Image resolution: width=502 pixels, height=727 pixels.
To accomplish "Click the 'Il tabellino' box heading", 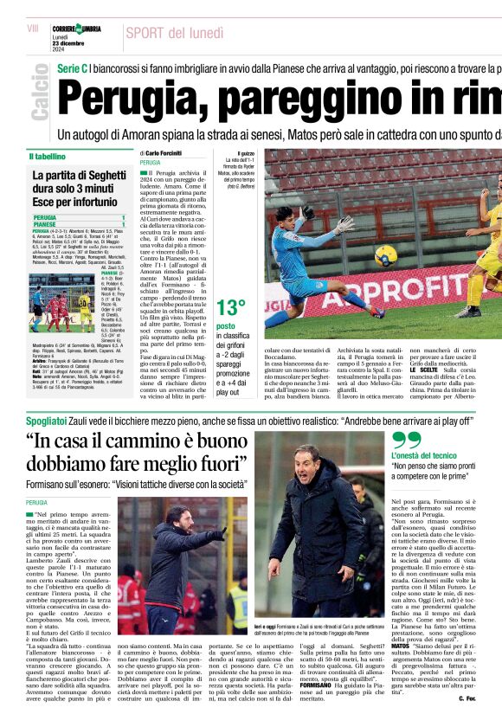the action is [48, 157].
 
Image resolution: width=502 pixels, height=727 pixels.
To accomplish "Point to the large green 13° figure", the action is [231, 307].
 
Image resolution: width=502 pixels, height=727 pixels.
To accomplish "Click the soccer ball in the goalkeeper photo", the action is [385, 254].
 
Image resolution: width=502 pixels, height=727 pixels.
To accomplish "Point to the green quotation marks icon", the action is [406, 439].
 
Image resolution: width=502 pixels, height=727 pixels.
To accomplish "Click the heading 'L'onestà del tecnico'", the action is [423, 454].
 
